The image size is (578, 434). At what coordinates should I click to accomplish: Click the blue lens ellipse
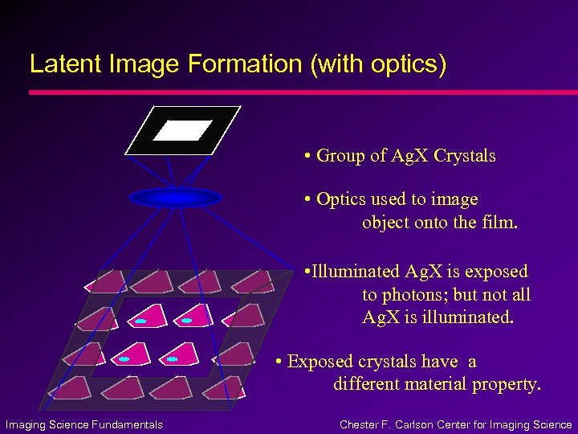click(175, 197)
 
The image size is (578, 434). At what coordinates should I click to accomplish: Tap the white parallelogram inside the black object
click(182, 130)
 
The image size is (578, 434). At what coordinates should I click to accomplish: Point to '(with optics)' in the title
click(378, 64)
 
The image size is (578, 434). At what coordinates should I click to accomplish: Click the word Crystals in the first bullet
click(464, 155)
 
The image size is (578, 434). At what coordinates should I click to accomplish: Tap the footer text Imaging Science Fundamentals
click(84, 424)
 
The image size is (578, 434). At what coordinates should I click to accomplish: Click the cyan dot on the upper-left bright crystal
click(140, 321)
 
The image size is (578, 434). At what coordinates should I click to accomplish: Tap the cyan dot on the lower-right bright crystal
click(172, 359)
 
